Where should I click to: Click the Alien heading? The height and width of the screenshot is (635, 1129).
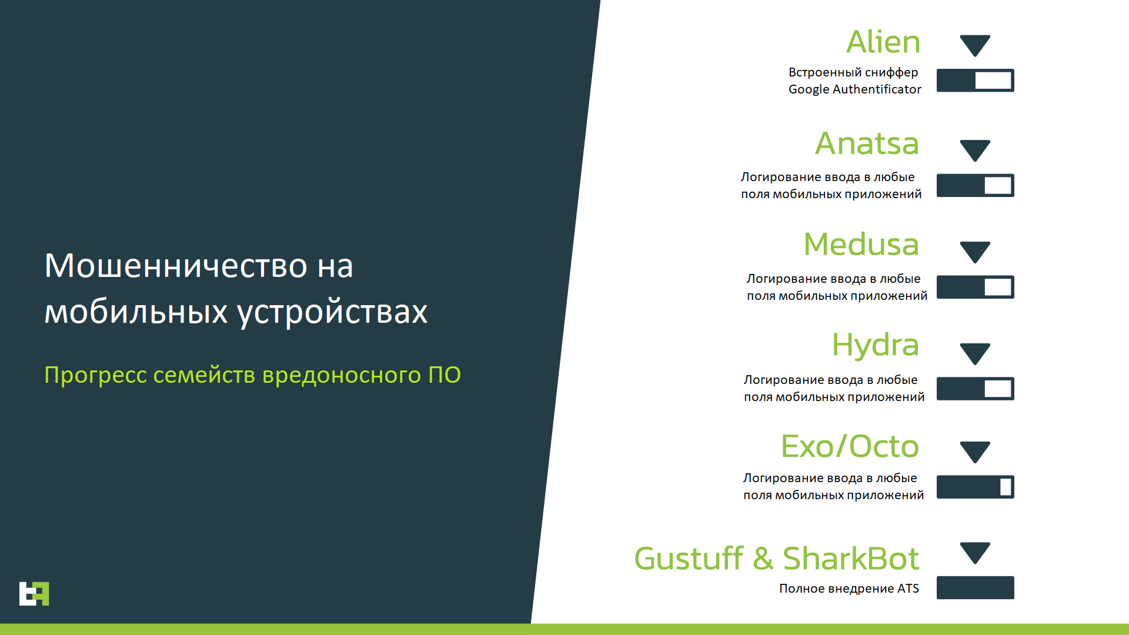(x=883, y=42)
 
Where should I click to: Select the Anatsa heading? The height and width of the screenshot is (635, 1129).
(x=867, y=143)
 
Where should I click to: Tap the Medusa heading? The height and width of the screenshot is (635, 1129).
(x=861, y=245)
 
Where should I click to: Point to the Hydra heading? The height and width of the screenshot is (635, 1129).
(x=875, y=346)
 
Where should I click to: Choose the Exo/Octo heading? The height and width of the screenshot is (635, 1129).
(x=850, y=446)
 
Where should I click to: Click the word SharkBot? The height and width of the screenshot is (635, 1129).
(x=851, y=558)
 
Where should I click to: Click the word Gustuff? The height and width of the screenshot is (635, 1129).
(x=689, y=558)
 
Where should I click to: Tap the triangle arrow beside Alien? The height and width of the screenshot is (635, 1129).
(x=975, y=45)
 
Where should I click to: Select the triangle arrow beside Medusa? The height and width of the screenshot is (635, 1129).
(x=975, y=252)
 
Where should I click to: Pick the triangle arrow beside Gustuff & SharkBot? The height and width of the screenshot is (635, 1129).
(x=975, y=553)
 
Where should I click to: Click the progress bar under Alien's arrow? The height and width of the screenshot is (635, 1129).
(x=975, y=81)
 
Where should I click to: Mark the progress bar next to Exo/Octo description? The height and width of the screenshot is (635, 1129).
(x=975, y=487)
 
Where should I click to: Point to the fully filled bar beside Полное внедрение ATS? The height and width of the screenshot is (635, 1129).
(x=975, y=587)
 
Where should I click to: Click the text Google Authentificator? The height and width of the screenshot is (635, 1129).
(x=854, y=89)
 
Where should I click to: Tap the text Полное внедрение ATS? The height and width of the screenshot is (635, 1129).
(x=849, y=589)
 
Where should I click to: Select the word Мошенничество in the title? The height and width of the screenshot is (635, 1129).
(x=176, y=266)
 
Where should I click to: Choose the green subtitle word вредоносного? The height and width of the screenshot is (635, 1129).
(x=341, y=376)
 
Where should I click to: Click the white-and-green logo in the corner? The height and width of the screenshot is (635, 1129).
(x=34, y=594)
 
